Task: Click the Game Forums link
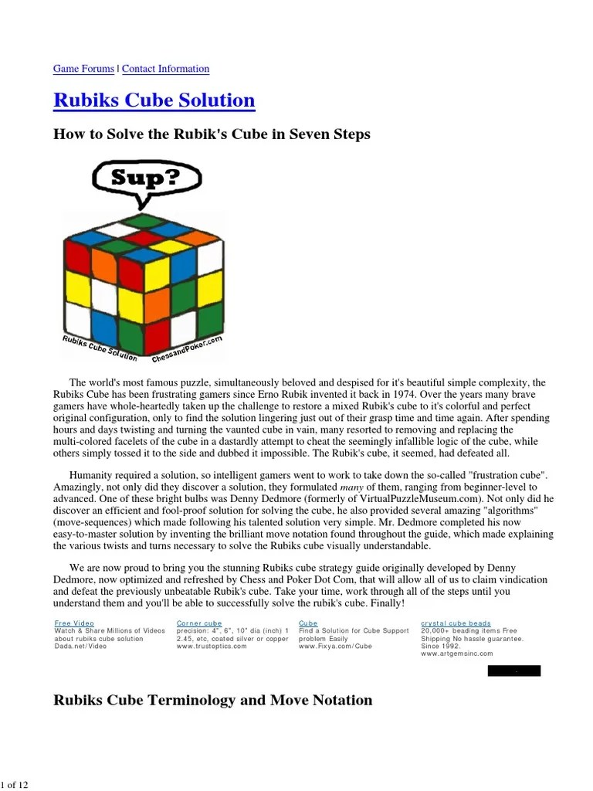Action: point(83,69)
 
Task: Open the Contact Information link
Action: point(165,69)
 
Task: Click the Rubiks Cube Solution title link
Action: point(154,100)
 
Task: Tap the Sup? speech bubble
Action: point(146,178)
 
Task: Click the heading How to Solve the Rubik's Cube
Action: point(212,134)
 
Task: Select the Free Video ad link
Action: point(74,623)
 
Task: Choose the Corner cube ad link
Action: point(199,623)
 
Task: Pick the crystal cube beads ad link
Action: point(456,623)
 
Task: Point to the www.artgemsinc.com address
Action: point(456,654)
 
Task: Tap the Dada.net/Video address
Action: point(80,647)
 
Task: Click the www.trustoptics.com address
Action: point(212,647)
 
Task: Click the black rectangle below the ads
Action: point(513,670)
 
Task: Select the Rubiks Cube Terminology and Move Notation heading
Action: point(212,701)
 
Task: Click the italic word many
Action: point(351,487)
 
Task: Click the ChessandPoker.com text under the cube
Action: point(187,350)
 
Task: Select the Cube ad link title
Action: point(308,623)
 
